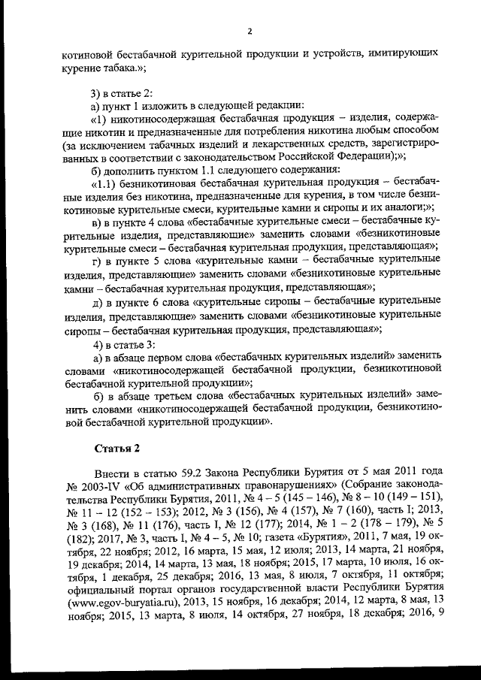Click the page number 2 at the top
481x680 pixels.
(249, 31)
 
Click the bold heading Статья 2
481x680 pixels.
(116, 449)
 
